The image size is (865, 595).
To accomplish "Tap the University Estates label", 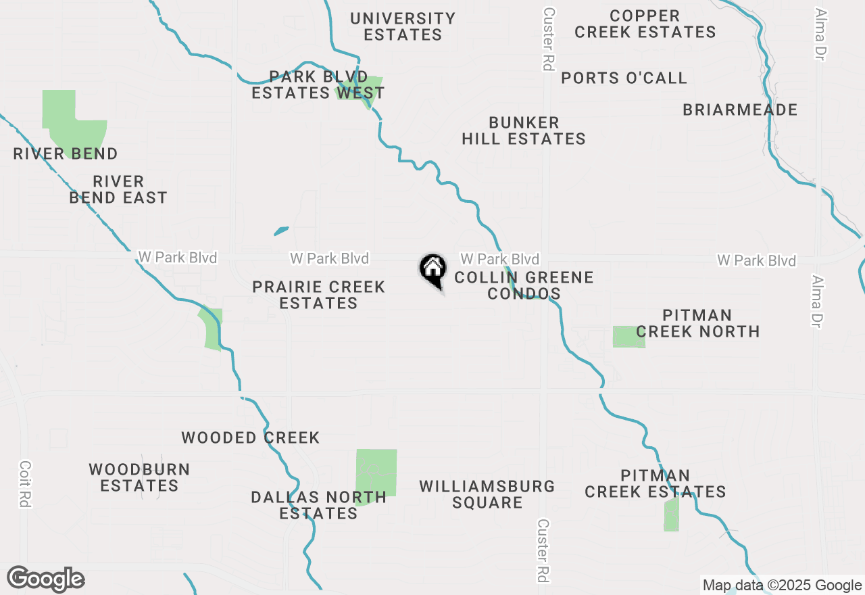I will coord(403,26).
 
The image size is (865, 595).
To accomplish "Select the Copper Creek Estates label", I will coord(645,24).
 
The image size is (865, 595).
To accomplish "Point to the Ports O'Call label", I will coord(624,78).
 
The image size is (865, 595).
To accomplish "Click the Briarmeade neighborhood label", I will coord(740,110).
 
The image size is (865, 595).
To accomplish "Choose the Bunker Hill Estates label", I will coord(524,130).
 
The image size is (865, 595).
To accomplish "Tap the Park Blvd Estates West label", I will coord(318,85).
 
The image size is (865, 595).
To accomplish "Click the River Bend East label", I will coord(118,189).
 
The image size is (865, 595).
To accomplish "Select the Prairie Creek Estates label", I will coord(318,295).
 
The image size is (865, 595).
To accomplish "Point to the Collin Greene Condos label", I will coord(524,285).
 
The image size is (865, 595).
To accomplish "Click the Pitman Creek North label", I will coord(697,323).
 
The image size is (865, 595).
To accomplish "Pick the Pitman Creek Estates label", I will coord(655,483).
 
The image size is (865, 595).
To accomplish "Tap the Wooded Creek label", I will coord(250,437).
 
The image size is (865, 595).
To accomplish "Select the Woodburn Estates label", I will coord(139,477).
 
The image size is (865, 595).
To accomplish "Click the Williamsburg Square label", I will coord(487,494).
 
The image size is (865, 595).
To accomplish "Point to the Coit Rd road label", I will coord(26,484).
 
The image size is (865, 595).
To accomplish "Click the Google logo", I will coord(46,579).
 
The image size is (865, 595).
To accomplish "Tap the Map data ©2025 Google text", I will coord(782,586).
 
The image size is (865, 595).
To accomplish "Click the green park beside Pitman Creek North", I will coord(628,337).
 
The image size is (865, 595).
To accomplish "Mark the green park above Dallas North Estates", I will coord(376,473).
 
